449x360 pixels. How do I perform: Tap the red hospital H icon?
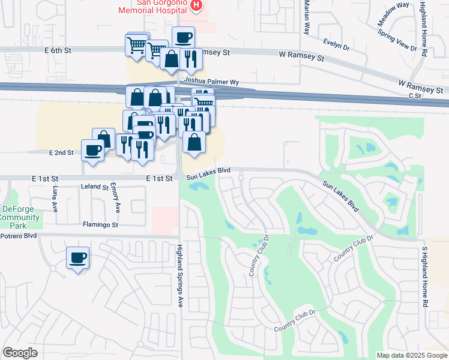pyautogui.click(x=196, y=5)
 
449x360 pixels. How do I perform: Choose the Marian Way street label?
pyautogui.click(x=306, y=17)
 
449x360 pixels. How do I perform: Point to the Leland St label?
pyautogui.click(x=94, y=187)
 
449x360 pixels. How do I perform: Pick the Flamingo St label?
pyautogui.click(x=101, y=225)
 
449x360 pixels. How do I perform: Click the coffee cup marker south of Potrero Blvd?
pyautogui.click(x=78, y=259)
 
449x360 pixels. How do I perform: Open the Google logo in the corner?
pyautogui.click(x=20, y=353)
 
